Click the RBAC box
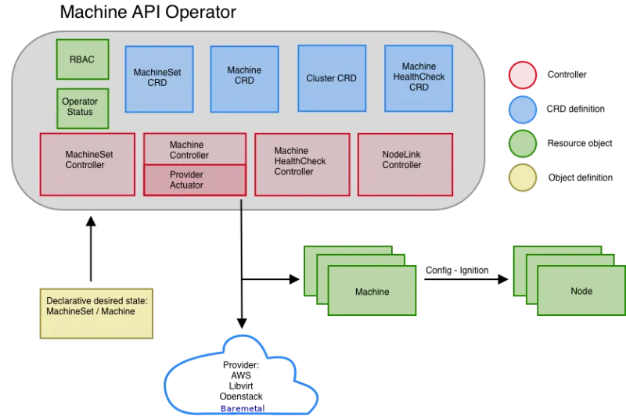(82, 59)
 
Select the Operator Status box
(82, 108)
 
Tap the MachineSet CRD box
(159, 78)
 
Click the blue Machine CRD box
(244, 76)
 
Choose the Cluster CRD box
(331, 78)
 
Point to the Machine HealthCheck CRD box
(419, 77)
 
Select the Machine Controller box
(195, 149)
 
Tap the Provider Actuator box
(195, 180)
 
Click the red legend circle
(523, 76)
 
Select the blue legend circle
(523, 110)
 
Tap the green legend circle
(523, 144)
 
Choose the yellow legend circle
(523, 178)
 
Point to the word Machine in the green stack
(372, 292)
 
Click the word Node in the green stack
(581, 291)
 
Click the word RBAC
(82, 59)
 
